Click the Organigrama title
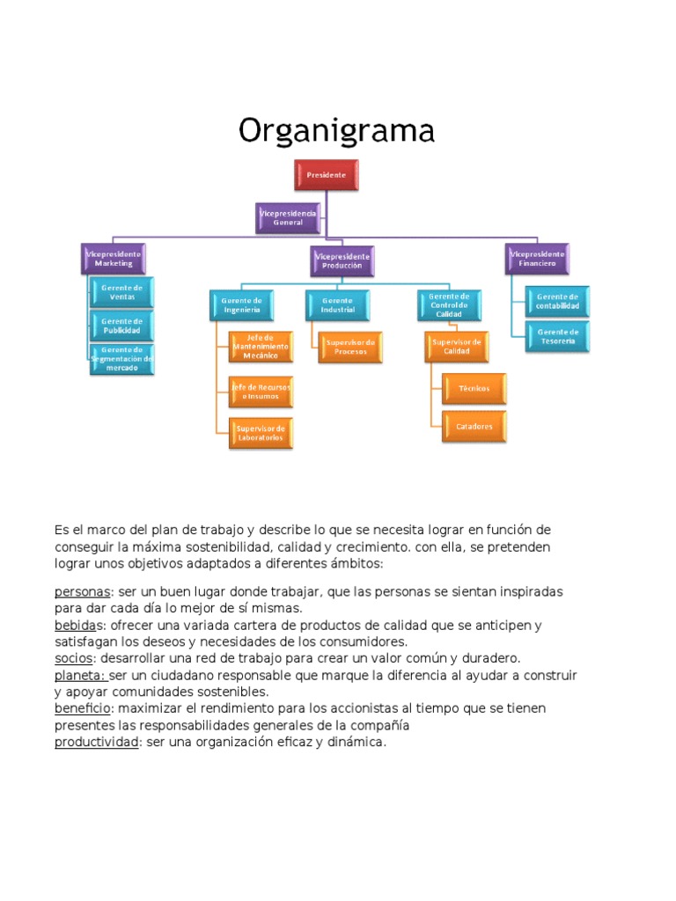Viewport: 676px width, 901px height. (x=337, y=131)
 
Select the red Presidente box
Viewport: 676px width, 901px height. (x=326, y=175)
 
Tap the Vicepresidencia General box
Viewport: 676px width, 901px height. (x=288, y=217)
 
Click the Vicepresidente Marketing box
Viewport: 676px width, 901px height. (x=114, y=258)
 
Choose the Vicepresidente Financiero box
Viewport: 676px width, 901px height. (x=537, y=258)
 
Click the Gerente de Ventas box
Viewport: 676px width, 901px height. (x=122, y=291)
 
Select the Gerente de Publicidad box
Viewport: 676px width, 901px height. (x=122, y=326)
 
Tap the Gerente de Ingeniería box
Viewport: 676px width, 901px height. (x=242, y=304)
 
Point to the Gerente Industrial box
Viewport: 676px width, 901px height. (x=338, y=304)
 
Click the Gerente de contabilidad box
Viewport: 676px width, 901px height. (x=557, y=302)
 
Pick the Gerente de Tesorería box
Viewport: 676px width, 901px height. (x=557, y=336)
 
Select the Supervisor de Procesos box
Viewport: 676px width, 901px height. (x=350, y=347)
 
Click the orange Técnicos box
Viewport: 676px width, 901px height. (x=474, y=388)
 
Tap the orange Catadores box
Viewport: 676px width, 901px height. (x=474, y=426)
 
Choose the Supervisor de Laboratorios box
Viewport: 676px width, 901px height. (x=260, y=432)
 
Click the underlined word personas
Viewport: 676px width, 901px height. (x=83, y=591)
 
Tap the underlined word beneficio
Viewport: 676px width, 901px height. (x=83, y=708)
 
